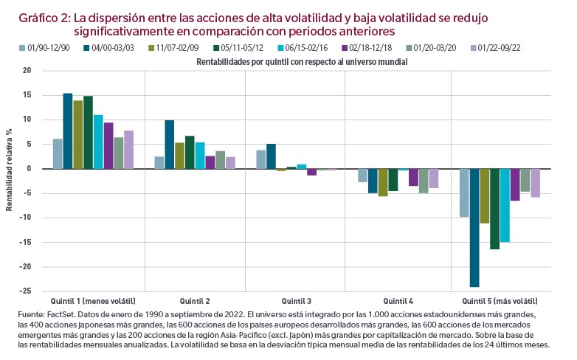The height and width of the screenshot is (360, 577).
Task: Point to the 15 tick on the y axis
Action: click(27, 95)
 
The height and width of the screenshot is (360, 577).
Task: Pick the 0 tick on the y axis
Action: click(29, 169)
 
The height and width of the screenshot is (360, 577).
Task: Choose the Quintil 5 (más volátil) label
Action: click(500, 301)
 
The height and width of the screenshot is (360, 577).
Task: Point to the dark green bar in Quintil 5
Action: click(494, 209)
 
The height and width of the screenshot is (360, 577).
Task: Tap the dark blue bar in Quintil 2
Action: click(169, 145)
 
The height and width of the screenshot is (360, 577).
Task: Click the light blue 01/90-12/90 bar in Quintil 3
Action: click(260, 159)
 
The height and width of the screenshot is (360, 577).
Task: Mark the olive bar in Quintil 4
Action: click(382, 182)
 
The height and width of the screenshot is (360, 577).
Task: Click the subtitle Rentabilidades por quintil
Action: click(302, 63)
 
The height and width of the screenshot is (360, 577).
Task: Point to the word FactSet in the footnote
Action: click(60, 314)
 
